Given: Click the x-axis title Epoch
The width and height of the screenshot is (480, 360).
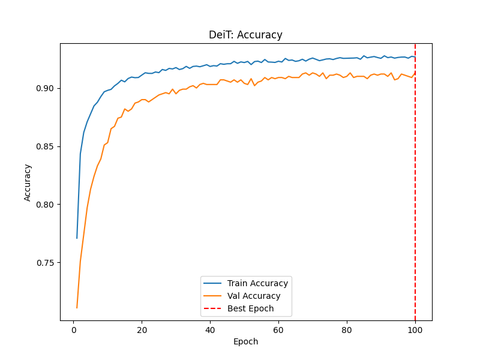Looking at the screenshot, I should (x=245, y=341).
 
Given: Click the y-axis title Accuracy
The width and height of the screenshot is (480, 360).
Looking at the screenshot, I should (x=28, y=182).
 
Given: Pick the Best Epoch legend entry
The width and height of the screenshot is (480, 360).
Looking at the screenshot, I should (x=250, y=308).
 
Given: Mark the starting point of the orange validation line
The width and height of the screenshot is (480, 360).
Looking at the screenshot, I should (x=77, y=308).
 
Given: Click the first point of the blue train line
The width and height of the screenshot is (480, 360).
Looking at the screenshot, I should (x=77, y=238).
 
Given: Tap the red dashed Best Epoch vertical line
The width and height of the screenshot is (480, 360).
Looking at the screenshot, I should (x=415, y=180).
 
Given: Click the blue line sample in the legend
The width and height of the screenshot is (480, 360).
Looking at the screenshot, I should (x=213, y=283).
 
